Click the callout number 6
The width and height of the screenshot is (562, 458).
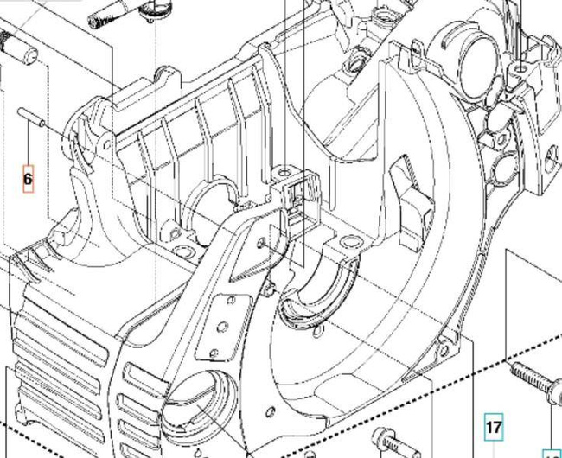tap(28, 179)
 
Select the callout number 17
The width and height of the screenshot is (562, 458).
tap(494, 427)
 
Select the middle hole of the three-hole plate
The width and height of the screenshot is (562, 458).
tap(223, 327)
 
